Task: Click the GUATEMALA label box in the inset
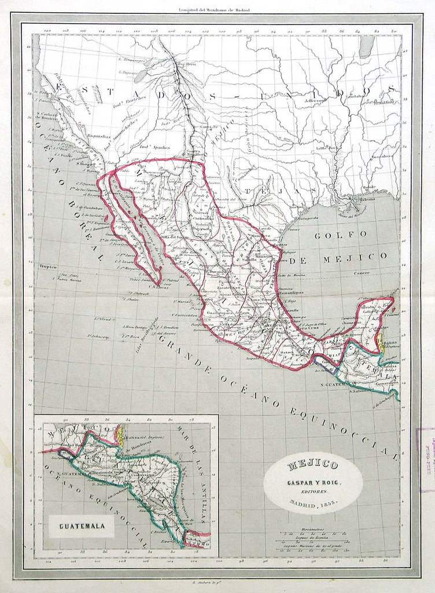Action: click(80, 526)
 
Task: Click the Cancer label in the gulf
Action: click(362, 272)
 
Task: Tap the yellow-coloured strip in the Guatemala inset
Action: click(121, 434)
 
